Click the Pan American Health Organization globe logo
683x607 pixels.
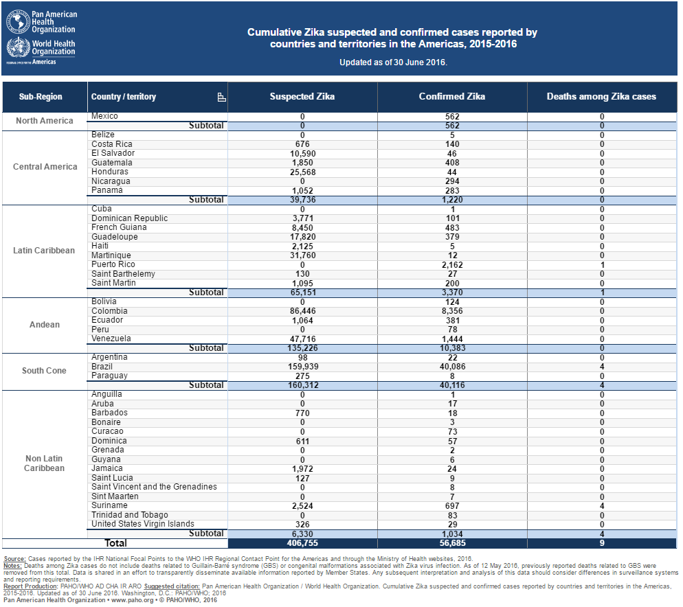19,21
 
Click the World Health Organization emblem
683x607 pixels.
19,47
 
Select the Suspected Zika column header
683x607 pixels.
302,97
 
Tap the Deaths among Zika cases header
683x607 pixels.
601,97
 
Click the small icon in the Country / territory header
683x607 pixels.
221,97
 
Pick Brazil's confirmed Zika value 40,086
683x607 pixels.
452,367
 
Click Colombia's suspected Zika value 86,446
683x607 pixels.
302,311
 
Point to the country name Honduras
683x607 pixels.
110,172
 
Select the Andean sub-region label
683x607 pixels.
45,325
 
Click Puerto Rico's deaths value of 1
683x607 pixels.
602,265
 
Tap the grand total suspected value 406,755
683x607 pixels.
302,543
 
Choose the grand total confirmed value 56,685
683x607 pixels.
452,543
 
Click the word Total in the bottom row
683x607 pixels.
115,543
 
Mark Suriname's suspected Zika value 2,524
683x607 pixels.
302,506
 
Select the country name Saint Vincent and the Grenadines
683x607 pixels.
154,487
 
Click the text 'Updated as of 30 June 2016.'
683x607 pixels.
393,62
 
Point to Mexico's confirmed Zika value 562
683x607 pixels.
452,116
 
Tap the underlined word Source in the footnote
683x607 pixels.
15,559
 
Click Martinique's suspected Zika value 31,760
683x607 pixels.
302,255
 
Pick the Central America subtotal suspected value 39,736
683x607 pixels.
302,199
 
